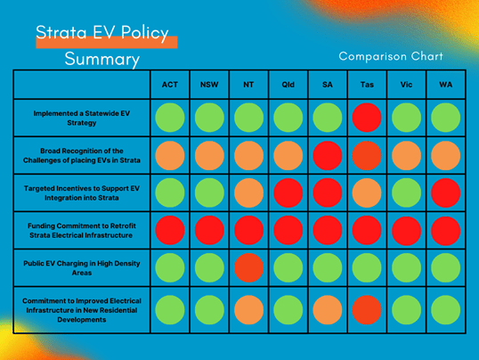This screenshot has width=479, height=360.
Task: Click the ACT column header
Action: point(170,85)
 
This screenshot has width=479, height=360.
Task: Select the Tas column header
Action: point(367,85)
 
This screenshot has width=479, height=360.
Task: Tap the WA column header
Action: point(446,85)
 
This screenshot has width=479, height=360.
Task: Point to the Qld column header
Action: point(288,85)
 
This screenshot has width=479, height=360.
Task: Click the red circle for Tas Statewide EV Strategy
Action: point(367,118)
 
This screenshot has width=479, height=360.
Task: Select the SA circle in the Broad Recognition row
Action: point(328,155)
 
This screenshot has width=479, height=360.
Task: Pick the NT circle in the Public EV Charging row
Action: point(248,267)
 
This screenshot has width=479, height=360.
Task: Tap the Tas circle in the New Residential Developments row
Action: point(367,310)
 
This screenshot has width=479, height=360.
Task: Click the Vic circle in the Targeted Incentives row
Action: point(406,193)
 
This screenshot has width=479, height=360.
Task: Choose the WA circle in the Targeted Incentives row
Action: point(446,193)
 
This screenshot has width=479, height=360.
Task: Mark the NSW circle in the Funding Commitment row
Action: point(209,230)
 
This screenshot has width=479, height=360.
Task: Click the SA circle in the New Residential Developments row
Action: point(328,310)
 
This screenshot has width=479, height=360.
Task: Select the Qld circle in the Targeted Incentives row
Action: point(288,193)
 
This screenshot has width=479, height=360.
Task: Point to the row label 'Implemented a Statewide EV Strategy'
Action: point(82,118)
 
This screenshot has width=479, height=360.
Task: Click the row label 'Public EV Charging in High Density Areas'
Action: point(82,268)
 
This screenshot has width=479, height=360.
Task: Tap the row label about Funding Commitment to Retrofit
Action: point(82,231)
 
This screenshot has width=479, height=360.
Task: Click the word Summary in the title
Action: point(102,59)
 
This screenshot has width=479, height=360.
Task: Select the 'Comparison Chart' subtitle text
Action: point(391,56)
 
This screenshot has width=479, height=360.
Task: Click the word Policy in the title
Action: point(144,33)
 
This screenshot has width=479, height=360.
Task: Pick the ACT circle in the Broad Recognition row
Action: point(170,155)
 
